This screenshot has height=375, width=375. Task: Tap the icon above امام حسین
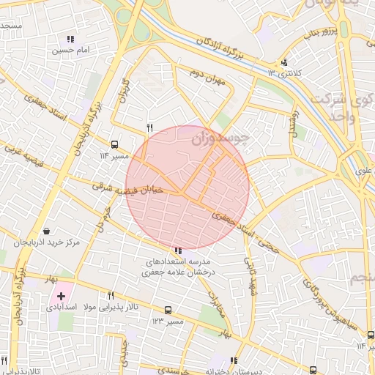tap(70, 39)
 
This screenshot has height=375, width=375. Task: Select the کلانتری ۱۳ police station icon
tap(285, 62)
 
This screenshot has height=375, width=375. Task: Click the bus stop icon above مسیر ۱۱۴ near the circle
tap(114, 144)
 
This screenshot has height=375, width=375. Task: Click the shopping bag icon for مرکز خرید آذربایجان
tap(47, 231)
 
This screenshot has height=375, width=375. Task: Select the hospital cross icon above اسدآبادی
tap(61, 296)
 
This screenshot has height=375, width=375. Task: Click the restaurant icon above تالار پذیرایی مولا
tap(111, 296)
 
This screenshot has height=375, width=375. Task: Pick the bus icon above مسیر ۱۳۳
tap(168, 310)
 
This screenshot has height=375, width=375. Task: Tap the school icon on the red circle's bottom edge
tap(179, 251)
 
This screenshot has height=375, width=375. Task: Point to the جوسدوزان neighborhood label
tap(220, 137)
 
